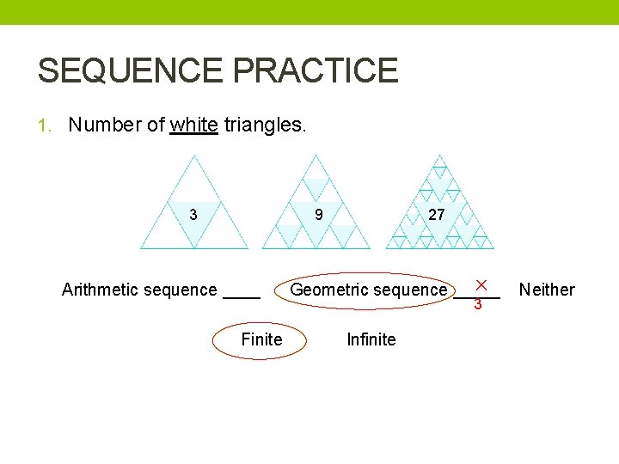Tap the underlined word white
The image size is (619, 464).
(193, 125)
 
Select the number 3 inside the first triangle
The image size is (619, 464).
(193, 214)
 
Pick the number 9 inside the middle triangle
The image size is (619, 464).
(319, 214)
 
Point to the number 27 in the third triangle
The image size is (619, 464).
(436, 214)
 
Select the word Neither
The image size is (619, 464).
(547, 290)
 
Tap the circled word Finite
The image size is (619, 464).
(261, 339)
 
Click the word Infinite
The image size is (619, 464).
(371, 339)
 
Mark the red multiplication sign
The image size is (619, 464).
(481, 284)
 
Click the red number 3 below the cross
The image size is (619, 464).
(478, 303)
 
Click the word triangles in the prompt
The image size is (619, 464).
(264, 125)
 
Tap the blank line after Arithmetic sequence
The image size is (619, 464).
(242, 294)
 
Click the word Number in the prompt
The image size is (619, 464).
(105, 125)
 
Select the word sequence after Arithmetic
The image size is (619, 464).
(183, 290)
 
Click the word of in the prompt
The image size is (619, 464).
(156, 125)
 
